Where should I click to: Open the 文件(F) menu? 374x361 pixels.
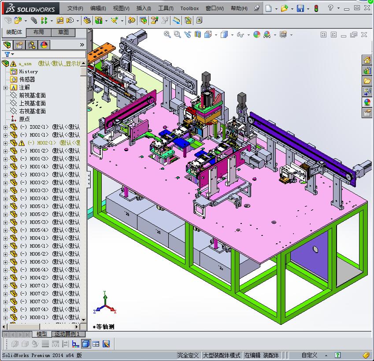75,8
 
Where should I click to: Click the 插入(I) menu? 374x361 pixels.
144,8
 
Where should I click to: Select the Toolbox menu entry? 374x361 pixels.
189,8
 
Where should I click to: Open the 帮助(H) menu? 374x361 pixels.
239,8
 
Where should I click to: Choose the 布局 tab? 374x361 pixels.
38,32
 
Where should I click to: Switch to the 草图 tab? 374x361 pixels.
63,32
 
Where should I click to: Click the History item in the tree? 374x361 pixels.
28,71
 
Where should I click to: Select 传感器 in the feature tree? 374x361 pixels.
27,79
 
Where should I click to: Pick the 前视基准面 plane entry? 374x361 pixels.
32,95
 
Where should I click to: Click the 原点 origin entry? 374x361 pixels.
24,119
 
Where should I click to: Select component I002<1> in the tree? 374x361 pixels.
39,127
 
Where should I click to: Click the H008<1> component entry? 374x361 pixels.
39,317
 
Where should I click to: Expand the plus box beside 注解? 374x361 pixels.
5,87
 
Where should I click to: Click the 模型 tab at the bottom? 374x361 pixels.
42,334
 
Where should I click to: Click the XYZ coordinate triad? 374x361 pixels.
104,304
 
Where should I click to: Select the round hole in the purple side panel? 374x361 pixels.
315,249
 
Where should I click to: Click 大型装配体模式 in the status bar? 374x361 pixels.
222,355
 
